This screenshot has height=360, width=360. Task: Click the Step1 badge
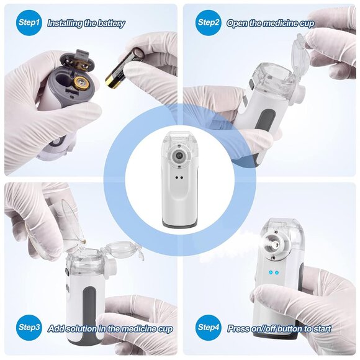[x=28, y=23]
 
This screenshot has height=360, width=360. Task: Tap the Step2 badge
[x=209, y=23]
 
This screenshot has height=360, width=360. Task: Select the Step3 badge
[x=29, y=327]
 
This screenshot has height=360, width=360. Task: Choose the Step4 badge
[x=209, y=327]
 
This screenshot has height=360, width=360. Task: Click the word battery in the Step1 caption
[x=109, y=24]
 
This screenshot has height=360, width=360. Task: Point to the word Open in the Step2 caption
[x=237, y=24]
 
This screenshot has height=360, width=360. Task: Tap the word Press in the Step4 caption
[x=240, y=328]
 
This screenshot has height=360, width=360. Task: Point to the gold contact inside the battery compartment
[x=81, y=82]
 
